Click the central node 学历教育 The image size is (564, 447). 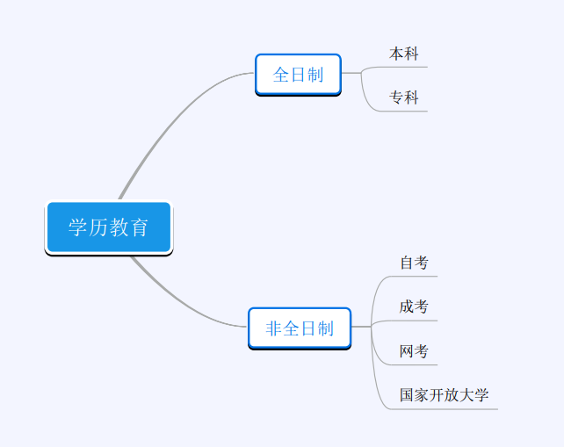pyautogui.click(x=109, y=227)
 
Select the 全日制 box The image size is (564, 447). pyautogui.click(x=298, y=75)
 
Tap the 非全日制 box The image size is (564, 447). pyautogui.click(x=300, y=328)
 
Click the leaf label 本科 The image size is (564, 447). pyautogui.click(x=403, y=54)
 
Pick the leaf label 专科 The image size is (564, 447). pyautogui.click(x=403, y=97)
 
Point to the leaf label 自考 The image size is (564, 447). pyautogui.click(x=414, y=263)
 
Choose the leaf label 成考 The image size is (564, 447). pyautogui.click(x=414, y=306)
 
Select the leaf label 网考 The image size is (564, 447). pyautogui.click(x=414, y=351)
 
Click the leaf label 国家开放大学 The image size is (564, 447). pyautogui.click(x=445, y=395)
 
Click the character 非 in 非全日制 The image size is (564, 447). pyautogui.click(x=273, y=328)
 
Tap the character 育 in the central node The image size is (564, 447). pyautogui.click(x=139, y=227)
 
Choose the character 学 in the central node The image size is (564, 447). pyautogui.click(x=77, y=227)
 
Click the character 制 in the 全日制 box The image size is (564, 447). pyautogui.click(x=315, y=75)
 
